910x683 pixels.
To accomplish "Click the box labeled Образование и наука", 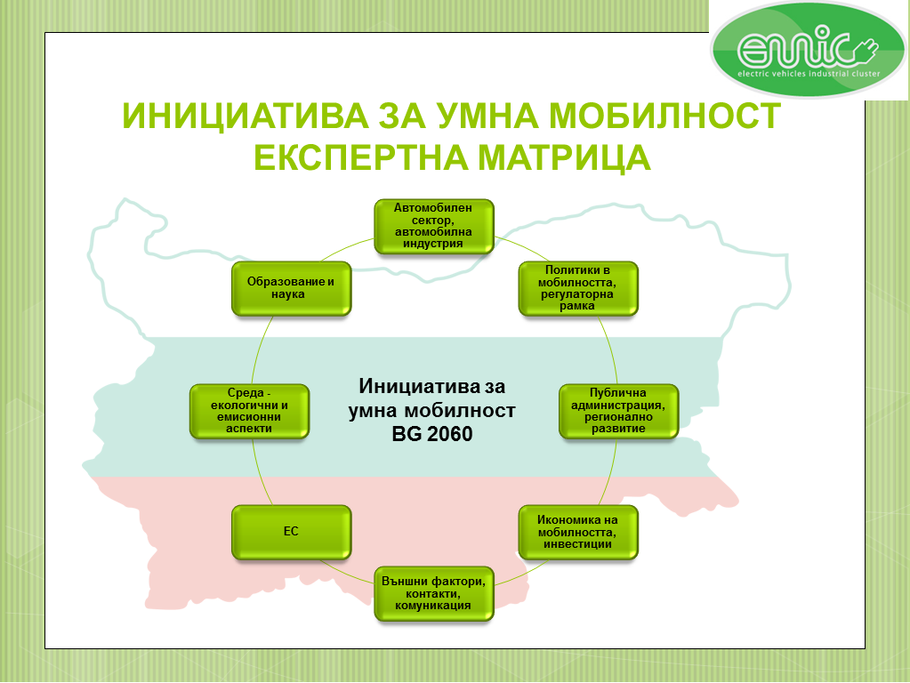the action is [292, 288].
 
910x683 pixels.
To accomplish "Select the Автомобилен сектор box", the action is [434, 226].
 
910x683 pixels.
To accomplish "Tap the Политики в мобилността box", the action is [578, 288].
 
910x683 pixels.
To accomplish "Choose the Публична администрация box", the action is [618, 411].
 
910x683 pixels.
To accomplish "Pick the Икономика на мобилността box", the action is [578, 532].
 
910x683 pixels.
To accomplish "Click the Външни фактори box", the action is [434, 594].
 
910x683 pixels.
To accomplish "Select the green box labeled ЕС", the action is [292, 532].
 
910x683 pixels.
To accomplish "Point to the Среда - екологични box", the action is [250, 411].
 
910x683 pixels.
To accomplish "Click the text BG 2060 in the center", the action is [432, 434].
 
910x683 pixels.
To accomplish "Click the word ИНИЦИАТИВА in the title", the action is [246, 116].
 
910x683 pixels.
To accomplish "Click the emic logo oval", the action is [808, 49].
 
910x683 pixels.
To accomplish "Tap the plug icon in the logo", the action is [866, 51].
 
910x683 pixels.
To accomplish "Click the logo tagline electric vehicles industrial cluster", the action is [809, 74].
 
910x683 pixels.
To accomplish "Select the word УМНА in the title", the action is [487, 116].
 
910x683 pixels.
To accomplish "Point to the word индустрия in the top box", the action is [433, 244].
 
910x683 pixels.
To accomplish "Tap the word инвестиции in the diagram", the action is [577, 544].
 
